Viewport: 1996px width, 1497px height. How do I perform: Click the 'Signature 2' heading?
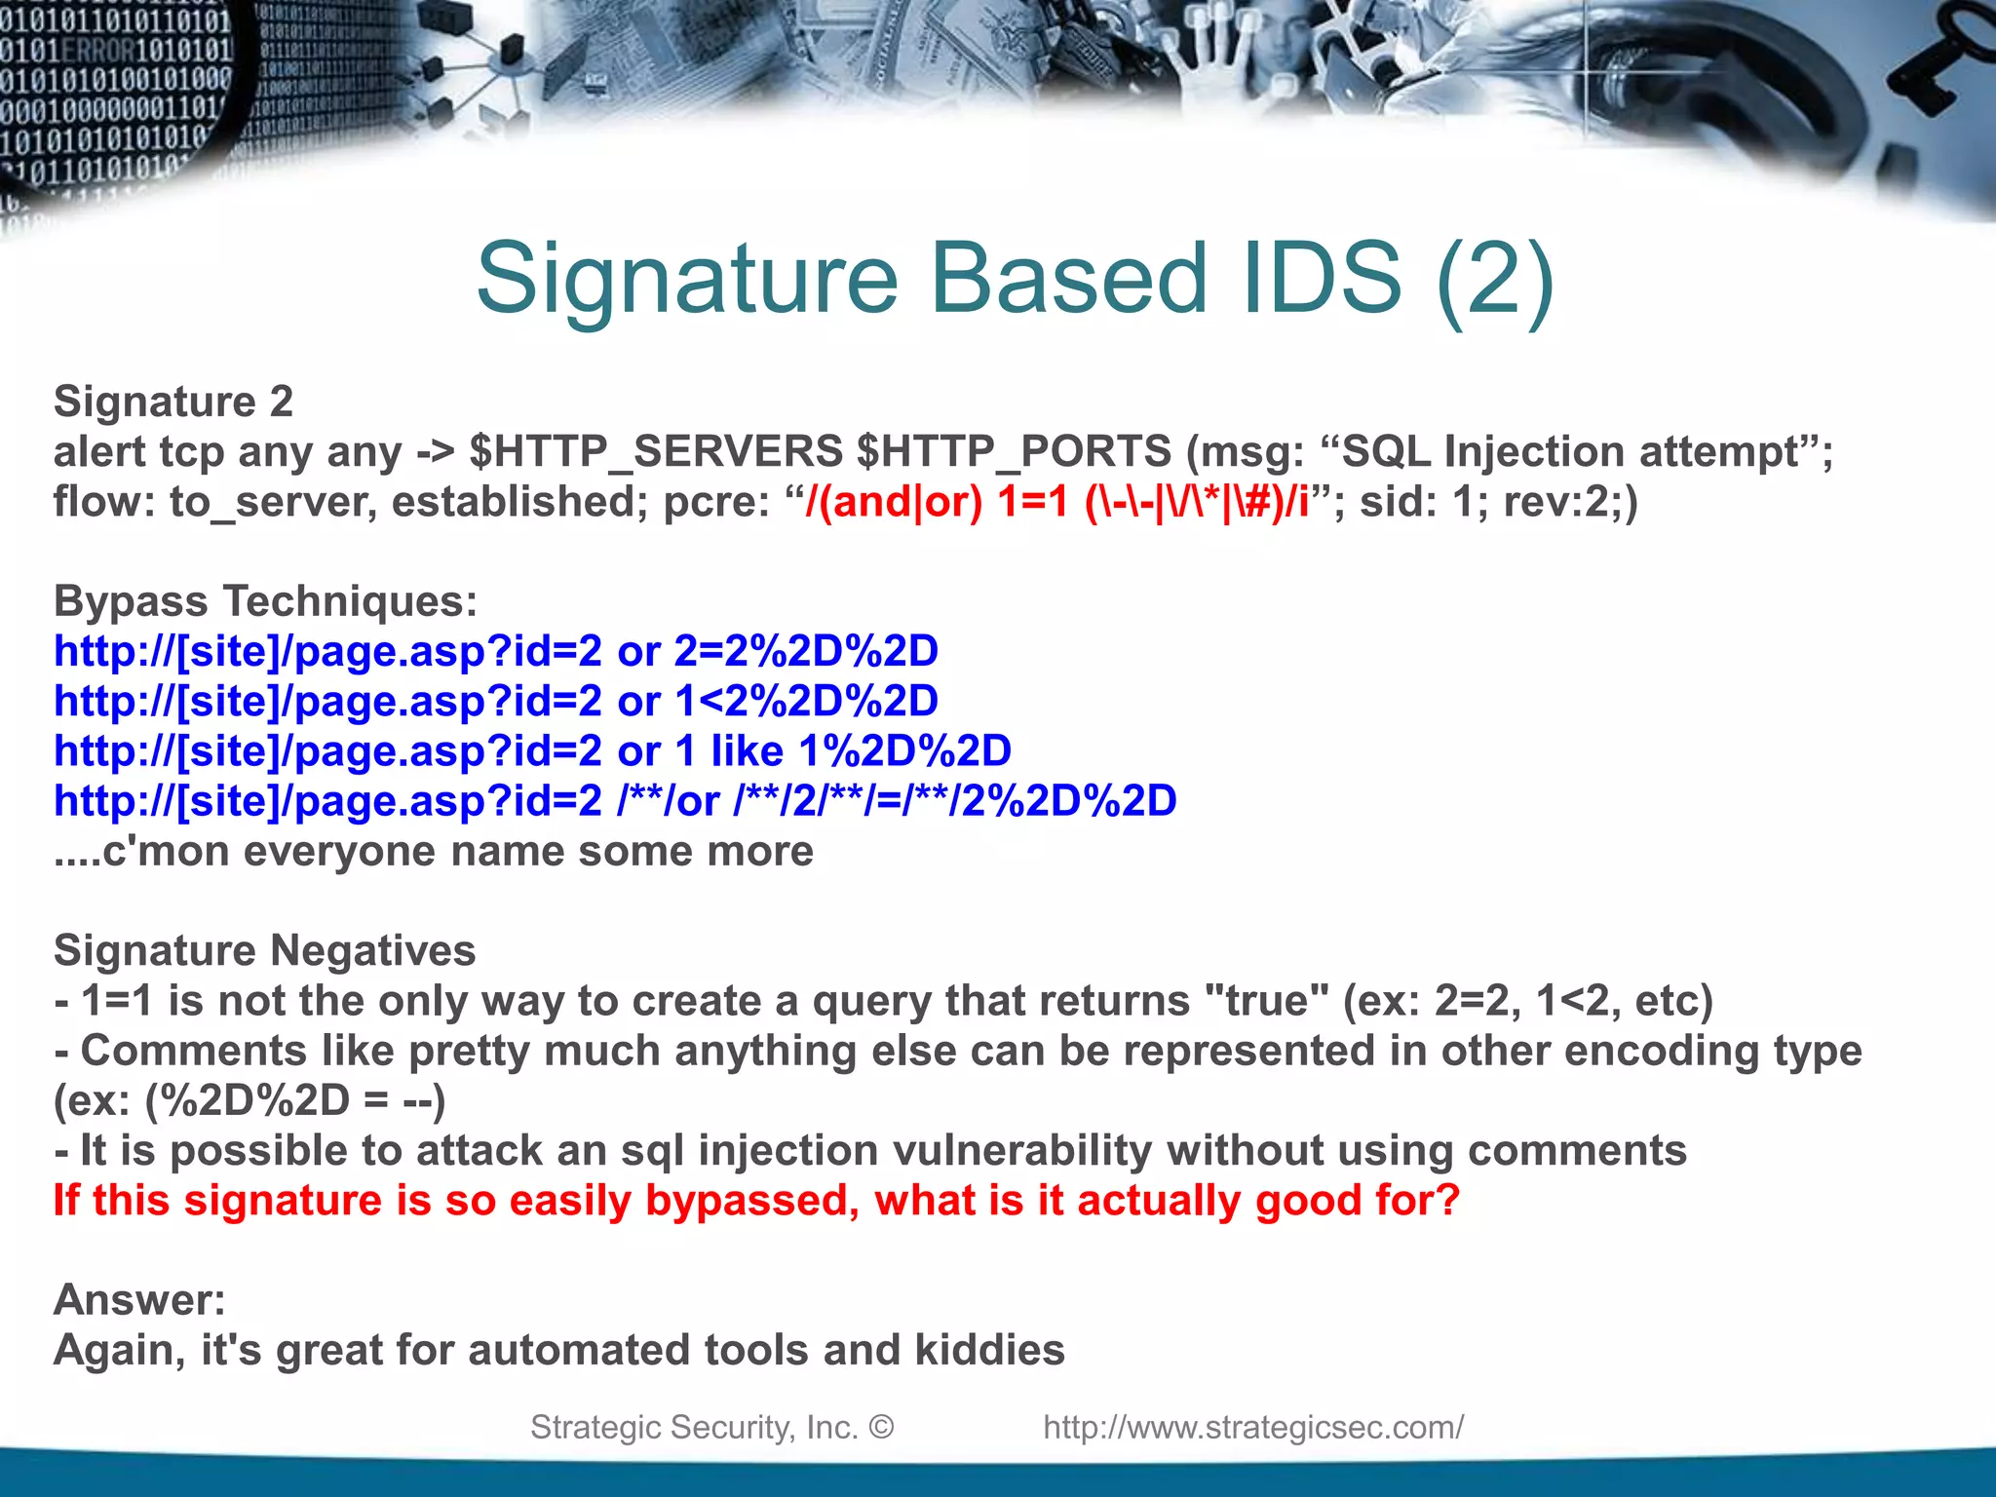(x=173, y=402)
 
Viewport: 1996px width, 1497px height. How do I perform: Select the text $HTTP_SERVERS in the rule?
(x=656, y=451)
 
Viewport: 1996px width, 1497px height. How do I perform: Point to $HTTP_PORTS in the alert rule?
(x=1015, y=451)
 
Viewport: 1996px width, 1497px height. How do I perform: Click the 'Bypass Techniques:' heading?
(x=265, y=601)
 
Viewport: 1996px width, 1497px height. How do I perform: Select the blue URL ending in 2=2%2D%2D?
(x=496, y=651)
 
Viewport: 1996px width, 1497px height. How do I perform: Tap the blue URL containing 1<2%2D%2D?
(x=496, y=701)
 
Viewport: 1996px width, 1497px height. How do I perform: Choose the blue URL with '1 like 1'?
(x=532, y=751)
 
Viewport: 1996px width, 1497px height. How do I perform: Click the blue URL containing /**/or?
(x=615, y=801)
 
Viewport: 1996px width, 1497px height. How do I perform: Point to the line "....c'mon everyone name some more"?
(x=434, y=851)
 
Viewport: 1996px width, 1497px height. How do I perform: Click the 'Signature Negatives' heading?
(x=265, y=950)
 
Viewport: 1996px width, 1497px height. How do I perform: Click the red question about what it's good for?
(x=756, y=1200)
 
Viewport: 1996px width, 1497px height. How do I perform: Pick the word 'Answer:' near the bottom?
(x=139, y=1300)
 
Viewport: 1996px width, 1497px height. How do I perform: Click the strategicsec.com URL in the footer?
(x=1253, y=1427)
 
